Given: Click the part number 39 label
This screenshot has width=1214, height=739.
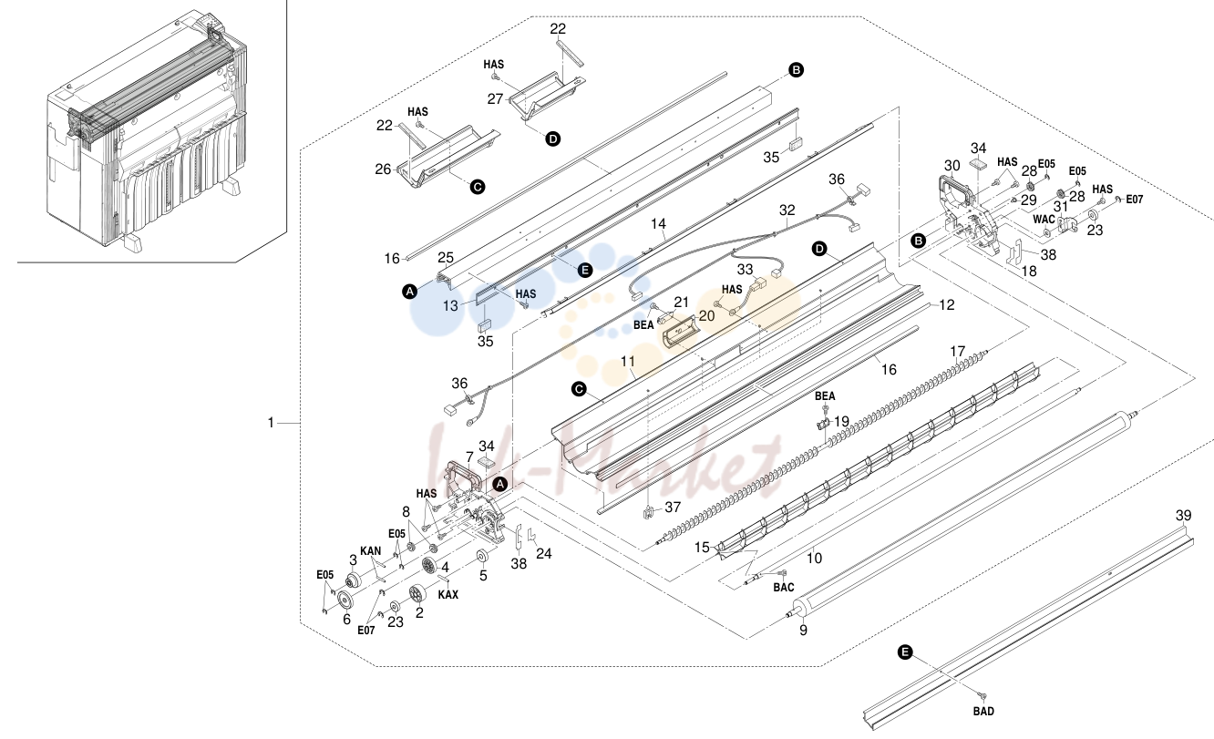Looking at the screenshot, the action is (1183, 515).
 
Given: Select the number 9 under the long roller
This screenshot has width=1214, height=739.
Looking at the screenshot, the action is (803, 630).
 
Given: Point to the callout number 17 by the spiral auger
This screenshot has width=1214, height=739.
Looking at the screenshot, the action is (958, 352).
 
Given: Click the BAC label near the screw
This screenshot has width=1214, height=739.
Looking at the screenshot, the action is (784, 588).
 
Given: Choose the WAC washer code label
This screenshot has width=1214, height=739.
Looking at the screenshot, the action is (1044, 220).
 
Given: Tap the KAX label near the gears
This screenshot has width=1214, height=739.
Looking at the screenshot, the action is (448, 594).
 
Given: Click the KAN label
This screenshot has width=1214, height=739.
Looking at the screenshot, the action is (371, 551).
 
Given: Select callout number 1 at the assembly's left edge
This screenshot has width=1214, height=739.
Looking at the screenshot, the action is (271, 423).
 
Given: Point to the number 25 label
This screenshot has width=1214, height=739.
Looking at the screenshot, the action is (446, 258).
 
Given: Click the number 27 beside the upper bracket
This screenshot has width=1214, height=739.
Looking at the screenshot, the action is (496, 99).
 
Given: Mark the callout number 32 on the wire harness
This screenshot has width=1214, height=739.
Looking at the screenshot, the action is (787, 210).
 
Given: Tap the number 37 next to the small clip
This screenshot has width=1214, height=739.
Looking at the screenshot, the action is (673, 508).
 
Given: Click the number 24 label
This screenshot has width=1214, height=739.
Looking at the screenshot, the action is (543, 553).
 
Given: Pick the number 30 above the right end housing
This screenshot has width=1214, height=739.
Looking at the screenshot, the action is (952, 166).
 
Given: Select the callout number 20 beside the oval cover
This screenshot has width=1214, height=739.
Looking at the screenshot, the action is (706, 315).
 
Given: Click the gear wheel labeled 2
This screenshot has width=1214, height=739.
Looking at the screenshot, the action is (417, 594).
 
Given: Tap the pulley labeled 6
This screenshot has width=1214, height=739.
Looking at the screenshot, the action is (345, 600).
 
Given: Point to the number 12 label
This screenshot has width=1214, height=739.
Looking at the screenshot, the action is (946, 305).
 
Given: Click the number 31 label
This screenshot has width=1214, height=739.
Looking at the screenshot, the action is (1061, 207).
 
